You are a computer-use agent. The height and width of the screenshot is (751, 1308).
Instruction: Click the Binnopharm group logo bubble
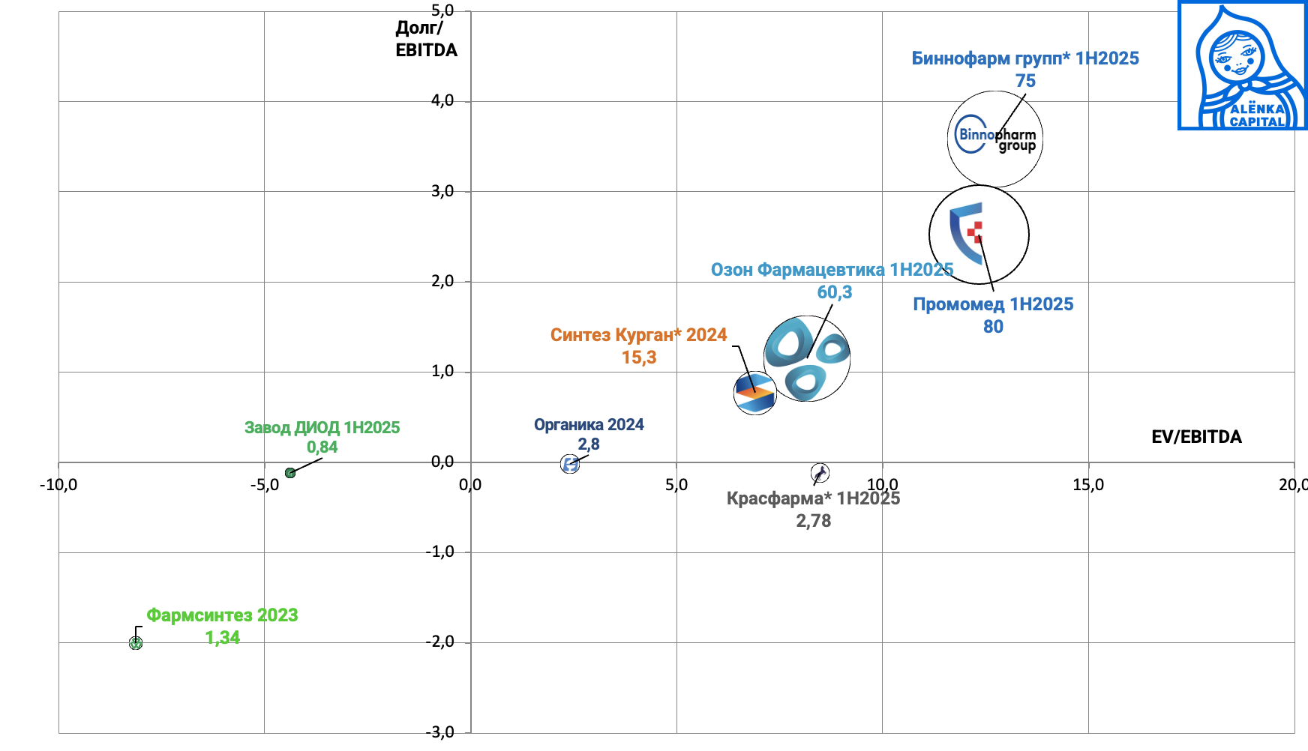[x=994, y=139]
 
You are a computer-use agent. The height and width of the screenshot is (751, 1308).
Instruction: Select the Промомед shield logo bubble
[x=978, y=235]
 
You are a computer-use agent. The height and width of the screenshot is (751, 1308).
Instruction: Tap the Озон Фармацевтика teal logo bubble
[x=807, y=358]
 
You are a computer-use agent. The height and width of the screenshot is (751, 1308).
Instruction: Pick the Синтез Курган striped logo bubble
[x=754, y=393]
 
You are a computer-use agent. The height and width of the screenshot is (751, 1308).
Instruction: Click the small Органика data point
[x=570, y=465]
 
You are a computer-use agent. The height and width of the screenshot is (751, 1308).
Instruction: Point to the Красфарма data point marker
[x=820, y=473]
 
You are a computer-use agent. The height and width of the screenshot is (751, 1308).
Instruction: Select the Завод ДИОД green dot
[x=290, y=473]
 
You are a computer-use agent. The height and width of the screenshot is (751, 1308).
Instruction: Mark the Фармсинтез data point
[x=136, y=643]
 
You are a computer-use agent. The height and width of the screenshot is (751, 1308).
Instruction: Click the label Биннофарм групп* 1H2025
[x=1024, y=58]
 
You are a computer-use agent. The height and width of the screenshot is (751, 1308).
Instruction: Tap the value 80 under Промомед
[x=993, y=327]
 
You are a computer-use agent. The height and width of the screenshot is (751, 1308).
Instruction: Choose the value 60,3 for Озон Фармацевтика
[x=834, y=292]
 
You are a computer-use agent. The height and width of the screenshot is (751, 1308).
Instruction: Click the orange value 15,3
[x=639, y=358]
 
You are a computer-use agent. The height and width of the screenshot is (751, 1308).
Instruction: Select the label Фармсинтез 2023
[x=222, y=615]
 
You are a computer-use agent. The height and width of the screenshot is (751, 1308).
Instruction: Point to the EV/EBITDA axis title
[x=1196, y=437]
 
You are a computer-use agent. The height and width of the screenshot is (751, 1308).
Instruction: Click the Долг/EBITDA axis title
[x=425, y=39]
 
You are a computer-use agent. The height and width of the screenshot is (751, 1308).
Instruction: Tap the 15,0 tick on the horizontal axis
[x=1087, y=485]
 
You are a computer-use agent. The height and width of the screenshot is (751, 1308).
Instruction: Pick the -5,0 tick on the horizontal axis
[x=264, y=485]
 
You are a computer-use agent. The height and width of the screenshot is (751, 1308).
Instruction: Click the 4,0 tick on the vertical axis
[x=442, y=100]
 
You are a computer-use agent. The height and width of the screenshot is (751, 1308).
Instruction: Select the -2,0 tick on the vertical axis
[x=440, y=642]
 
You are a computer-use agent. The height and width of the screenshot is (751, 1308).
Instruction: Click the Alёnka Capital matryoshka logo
[x=1243, y=66]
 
